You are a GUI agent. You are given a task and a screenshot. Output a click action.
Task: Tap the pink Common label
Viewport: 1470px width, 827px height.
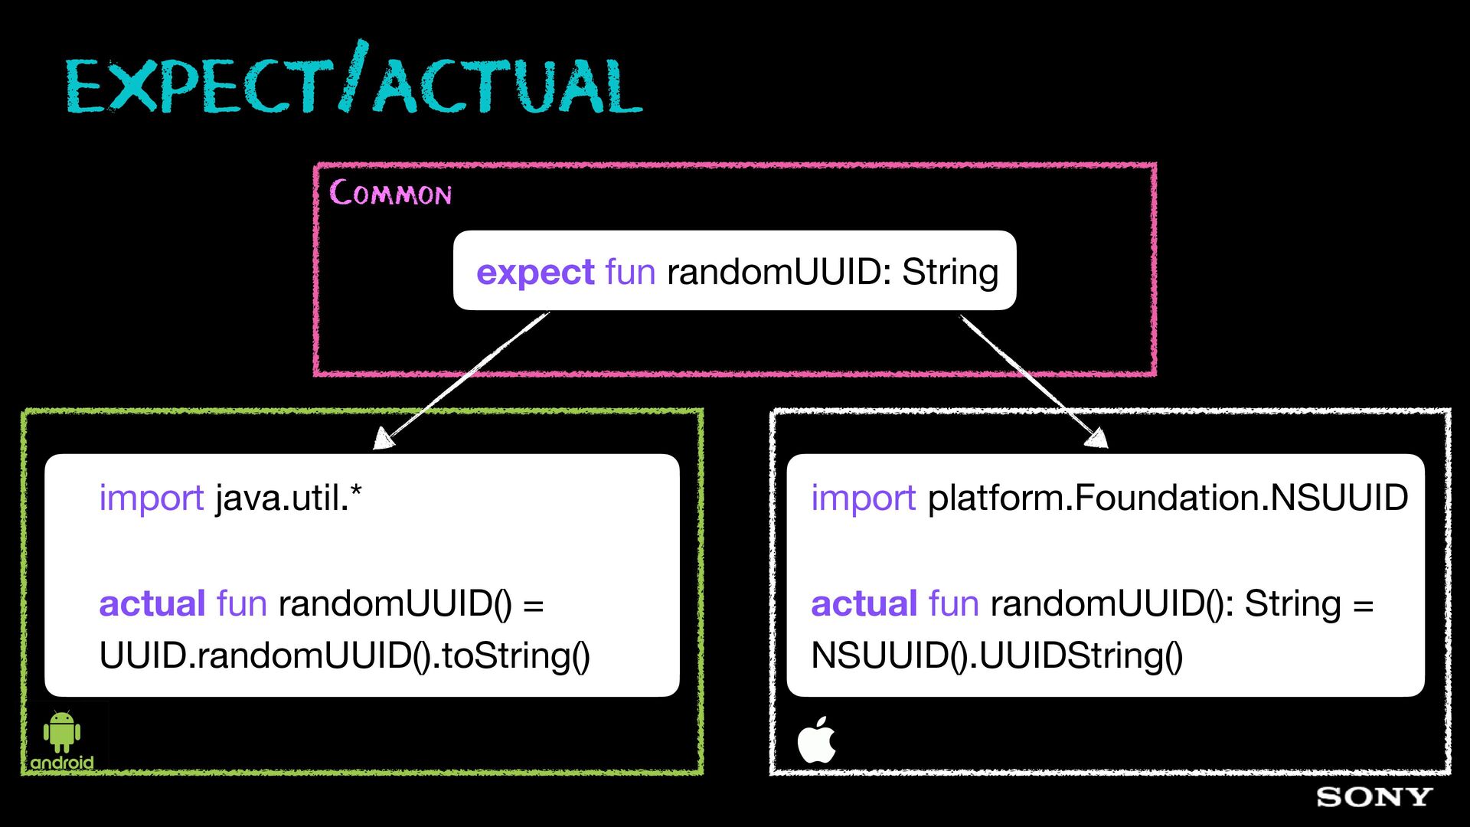pos(390,192)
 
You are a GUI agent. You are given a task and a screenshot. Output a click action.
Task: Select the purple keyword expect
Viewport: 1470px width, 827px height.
pos(535,273)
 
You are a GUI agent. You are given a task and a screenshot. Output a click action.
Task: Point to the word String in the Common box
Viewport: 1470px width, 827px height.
pos(950,273)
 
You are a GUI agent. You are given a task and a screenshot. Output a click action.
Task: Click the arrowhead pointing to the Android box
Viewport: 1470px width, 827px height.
pos(384,439)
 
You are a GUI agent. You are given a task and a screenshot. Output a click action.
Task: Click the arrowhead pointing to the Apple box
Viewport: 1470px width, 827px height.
pos(1097,437)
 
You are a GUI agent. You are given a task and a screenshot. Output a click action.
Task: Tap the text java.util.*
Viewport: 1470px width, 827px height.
pos(289,498)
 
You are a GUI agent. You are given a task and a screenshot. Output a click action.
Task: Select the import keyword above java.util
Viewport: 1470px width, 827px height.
pos(152,498)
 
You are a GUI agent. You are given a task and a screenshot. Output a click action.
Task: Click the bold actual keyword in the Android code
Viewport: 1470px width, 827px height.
pos(152,603)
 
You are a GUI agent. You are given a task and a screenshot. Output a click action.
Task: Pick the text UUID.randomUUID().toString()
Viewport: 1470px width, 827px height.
pos(345,655)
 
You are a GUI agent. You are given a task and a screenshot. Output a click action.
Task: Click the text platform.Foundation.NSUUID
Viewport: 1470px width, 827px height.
pos(1168,498)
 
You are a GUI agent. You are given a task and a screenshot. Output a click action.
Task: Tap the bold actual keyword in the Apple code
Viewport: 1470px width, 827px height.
pos(864,603)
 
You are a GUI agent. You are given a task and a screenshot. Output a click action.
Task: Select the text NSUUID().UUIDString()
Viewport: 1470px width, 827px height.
pos(997,655)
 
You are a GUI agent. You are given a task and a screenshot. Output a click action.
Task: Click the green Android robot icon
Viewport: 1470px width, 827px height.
pos(62,732)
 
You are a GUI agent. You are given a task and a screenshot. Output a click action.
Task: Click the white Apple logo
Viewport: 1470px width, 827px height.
pos(816,740)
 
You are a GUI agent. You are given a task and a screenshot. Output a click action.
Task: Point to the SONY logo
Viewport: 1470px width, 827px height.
pos(1374,797)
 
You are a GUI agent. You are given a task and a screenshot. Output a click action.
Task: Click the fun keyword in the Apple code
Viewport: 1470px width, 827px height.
pos(954,603)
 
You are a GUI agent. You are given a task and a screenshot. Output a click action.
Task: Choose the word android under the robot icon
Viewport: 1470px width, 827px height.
pos(62,763)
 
